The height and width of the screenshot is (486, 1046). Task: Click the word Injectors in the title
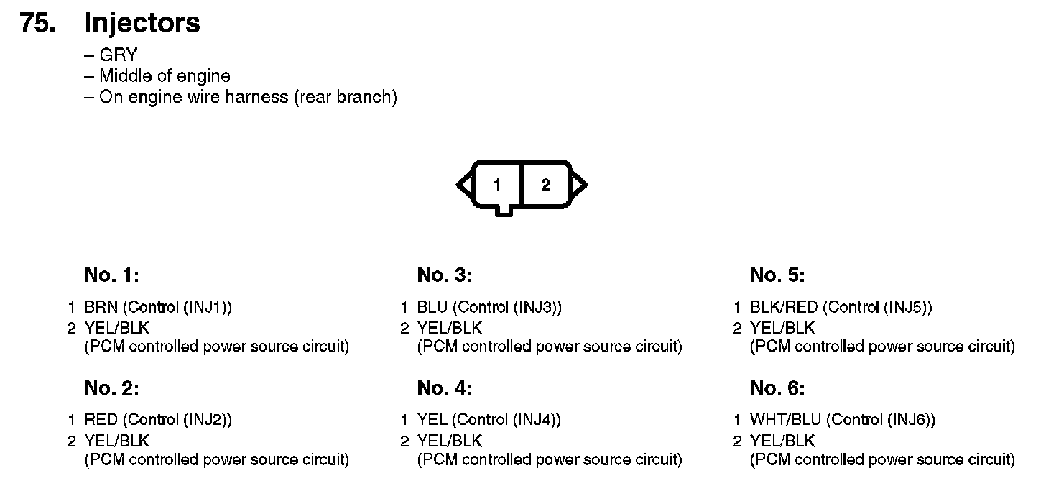click(142, 23)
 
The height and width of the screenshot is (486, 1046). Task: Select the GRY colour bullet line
click(118, 55)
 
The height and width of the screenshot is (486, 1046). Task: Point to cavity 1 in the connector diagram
click(497, 185)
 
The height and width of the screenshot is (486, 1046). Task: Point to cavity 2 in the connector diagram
click(545, 185)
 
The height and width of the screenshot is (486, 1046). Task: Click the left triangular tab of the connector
click(464, 185)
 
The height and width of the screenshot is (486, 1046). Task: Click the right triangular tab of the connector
click(579, 185)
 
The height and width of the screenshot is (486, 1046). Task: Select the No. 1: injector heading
click(111, 275)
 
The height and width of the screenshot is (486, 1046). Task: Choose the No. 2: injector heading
click(111, 388)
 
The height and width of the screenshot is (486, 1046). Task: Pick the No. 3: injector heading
click(444, 275)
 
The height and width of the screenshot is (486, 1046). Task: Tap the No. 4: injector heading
click(444, 388)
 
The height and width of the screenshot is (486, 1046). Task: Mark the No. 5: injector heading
click(777, 275)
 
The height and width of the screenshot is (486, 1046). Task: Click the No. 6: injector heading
click(777, 388)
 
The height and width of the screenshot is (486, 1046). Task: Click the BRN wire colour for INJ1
click(101, 308)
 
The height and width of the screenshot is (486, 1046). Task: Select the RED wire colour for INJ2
click(101, 420)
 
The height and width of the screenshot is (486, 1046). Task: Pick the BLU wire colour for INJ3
click(432, 308)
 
